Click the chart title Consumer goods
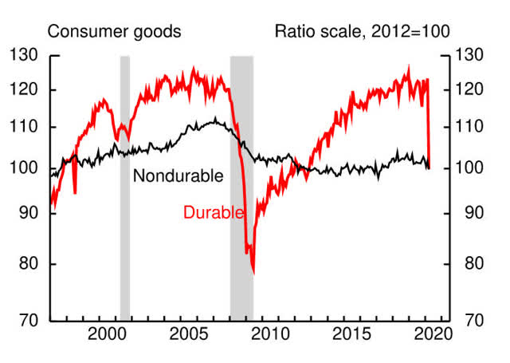(x=115, y=32)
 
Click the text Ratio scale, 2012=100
(x=362, y=32)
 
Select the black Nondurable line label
(x=178, y=176)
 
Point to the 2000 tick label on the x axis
(x=108, y=333)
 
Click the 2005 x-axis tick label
(x=188, y=333)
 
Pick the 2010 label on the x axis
(x=268, y=333)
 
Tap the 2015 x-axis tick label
(x=347, y=333)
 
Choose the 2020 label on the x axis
(x=426, y=333)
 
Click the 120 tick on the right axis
(x=471, y=90)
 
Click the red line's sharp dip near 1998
(x=75, y=192)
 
